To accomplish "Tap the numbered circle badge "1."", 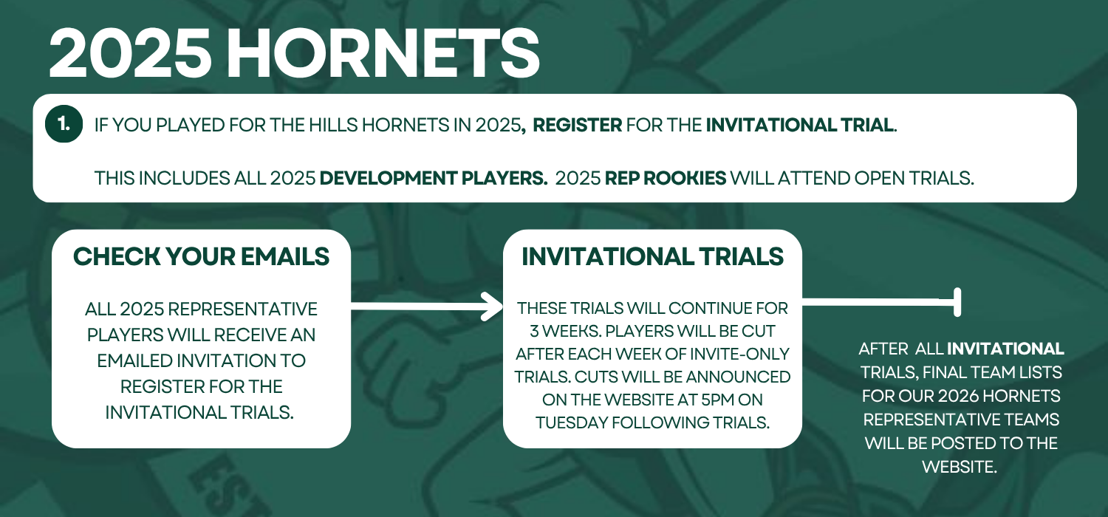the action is point(64,123).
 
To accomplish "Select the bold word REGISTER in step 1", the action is point(577,125).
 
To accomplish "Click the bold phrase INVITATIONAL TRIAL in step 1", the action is point(800,125).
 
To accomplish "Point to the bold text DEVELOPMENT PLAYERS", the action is point(434,178).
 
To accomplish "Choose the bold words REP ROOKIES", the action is point(666,178).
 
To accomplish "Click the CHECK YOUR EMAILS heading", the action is point(202,256).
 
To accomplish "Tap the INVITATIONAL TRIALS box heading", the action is point(652,256).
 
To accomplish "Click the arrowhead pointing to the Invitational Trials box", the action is point(493,307).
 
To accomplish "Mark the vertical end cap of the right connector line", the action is point(957,302).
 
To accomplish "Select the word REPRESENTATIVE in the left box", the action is point(242,309).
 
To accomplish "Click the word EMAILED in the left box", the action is point(134,360).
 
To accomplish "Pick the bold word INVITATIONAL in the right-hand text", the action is point(1005,349).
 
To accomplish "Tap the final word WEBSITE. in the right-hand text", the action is point(959,467).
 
